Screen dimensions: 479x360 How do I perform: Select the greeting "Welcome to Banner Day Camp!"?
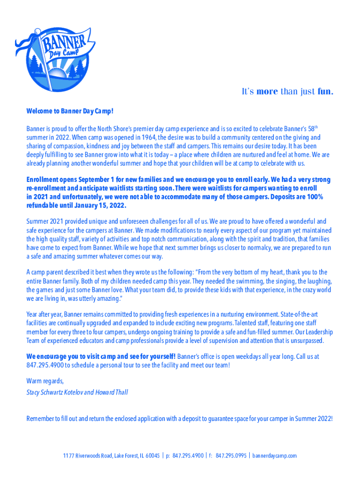(x=70, y=111)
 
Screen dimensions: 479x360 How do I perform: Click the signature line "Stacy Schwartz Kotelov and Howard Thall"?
(x=77, y=392)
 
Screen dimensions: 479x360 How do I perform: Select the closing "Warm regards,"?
(x=45, y=381)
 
